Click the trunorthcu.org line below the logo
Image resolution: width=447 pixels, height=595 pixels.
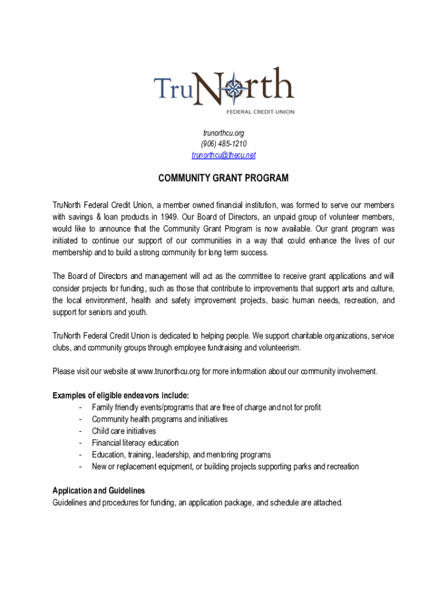tap(223, 133)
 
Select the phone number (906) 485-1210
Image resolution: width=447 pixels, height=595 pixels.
tap(223, 144)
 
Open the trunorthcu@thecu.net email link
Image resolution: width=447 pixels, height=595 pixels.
tap(223, 155)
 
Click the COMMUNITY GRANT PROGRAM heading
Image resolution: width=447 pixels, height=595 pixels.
tap(223, 178)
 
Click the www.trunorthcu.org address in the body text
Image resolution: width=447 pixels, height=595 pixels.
tap(169, 371)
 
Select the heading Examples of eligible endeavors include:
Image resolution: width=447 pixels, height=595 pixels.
tap(121, 396)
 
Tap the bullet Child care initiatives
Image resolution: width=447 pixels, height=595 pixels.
tap(124, 431)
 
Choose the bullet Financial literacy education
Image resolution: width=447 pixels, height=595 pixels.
tap(135, 443)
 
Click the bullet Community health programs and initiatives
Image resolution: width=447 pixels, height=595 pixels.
tap(160, 419)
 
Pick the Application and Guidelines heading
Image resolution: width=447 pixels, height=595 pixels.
tap(99, 490)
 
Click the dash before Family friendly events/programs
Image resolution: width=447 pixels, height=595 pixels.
tap(80, 407)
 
